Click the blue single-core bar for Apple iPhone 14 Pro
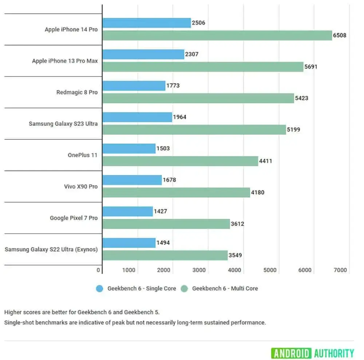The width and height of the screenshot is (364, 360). click(147, 23)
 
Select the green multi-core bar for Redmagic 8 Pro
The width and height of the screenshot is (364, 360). click(198, 98)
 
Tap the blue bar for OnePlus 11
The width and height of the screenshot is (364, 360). click(129, 148)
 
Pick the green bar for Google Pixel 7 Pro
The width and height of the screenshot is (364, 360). click(166, 224)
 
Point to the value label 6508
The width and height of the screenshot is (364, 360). click(339, 36)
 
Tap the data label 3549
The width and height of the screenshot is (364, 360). click(235, 255)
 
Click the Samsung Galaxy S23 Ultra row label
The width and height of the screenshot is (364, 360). click(63, 124)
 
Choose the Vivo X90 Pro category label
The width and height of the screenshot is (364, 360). click(81, 187)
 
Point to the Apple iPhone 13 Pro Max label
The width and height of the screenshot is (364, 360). click(65, 61)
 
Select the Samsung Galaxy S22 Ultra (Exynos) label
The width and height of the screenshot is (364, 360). click(51, 249)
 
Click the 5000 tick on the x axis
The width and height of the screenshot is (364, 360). click(270, 270)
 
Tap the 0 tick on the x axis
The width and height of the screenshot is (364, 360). click(98, 270)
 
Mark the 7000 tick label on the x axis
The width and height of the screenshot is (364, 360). click(340, 270)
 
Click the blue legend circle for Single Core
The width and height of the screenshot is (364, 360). click(100, 289)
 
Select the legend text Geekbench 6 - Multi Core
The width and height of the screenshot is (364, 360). click(225, 289)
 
